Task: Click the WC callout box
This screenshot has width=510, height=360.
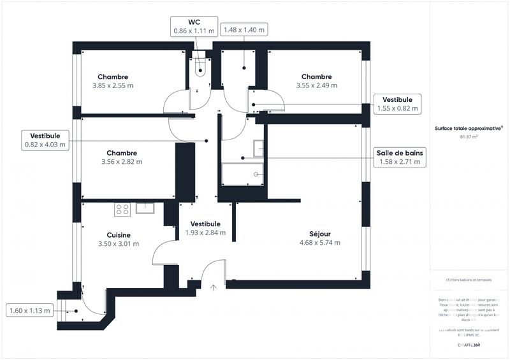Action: (194, 25)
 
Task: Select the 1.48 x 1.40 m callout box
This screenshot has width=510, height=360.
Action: (243, 30)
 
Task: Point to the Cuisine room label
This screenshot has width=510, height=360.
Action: (119, 234)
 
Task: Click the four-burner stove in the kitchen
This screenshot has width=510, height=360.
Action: (122, 208)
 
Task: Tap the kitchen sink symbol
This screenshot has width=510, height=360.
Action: (146, 206)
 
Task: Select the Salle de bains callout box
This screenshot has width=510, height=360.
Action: (399, 157)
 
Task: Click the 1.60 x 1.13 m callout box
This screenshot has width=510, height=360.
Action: (29, 311)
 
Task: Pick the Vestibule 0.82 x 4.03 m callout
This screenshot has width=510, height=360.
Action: (45, 140)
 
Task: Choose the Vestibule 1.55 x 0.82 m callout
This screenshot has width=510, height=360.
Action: (397, 104)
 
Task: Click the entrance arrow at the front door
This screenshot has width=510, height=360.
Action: (214, 287)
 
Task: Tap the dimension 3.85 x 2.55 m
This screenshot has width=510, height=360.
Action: (112, 85)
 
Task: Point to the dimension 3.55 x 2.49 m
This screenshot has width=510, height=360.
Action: (316, 85)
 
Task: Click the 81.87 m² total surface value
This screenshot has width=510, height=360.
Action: (469, 136)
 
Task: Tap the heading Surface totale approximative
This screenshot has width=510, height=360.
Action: (468, 128)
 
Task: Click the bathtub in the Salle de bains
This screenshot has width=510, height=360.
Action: (243, 173)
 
